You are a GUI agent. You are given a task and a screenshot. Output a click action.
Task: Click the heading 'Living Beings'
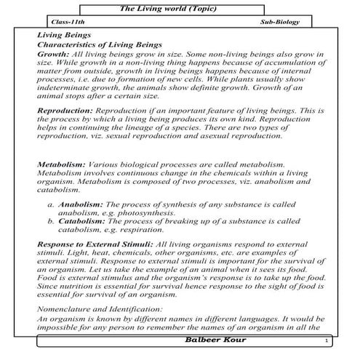pos(63,35)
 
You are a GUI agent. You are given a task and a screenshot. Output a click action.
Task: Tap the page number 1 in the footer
pos(328,341)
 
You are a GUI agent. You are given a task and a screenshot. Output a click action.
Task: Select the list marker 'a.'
pos(51,207)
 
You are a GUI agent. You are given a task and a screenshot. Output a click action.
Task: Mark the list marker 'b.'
pos(51,221)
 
